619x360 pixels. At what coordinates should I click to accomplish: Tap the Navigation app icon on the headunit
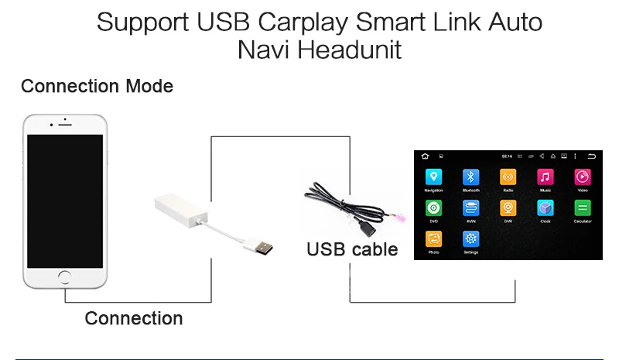(x=433, y=177)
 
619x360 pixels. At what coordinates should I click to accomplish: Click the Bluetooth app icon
(x=470, y=177)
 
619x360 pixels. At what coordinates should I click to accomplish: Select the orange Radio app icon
(x=508, y=177)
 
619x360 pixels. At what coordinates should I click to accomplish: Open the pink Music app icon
(x=545, y=177)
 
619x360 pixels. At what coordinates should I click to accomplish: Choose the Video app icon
(x=583, y=177)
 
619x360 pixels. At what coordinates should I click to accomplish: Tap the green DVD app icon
(x=433, y=208)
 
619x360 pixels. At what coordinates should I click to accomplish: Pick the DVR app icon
(x=508, y=208)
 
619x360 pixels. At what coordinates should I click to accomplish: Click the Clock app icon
(x=545, y=208)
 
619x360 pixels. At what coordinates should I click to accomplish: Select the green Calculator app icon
(x=583, y=208)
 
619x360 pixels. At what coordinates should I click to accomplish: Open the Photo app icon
(x=433, y=239)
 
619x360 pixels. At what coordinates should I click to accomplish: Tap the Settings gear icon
(x=470, y=239)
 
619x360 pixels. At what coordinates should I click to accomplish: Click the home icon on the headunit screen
(x=425, y=157)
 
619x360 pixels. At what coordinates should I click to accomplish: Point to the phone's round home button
(x=65, y=276)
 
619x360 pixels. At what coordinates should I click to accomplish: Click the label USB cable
(x=352, y=249)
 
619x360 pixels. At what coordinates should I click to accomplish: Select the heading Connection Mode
(x=97, y=86)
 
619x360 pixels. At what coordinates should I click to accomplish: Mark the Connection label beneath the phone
(x=134, y=318)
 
